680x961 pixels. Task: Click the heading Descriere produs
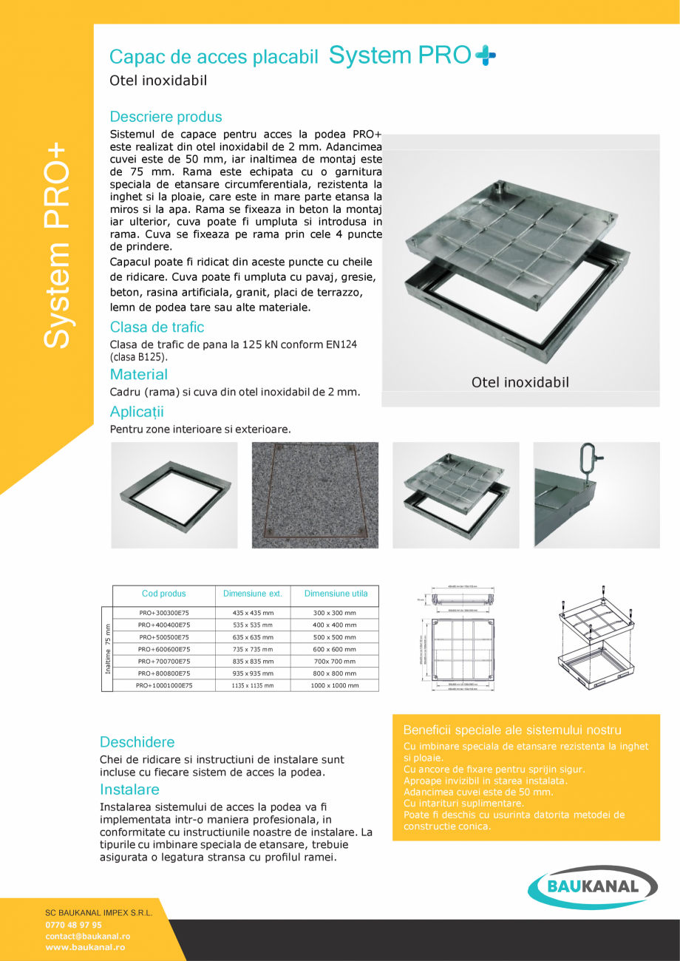tap(166, 117)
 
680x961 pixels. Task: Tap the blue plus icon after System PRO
tap(486, 55)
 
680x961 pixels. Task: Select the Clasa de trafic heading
tap(157, 327)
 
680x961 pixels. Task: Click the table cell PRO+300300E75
tap(163, 613)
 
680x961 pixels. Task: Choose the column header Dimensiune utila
tap(336, 594)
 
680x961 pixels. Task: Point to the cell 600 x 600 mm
tap(335, 649)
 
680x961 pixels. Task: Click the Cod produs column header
tap(163, 594)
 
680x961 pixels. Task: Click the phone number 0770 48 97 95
tap(74, 925)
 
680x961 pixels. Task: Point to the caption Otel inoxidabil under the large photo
tap(520, 382)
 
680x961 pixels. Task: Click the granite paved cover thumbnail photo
tap(315, 495)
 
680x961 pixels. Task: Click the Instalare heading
tap(129, 789)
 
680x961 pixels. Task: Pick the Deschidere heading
tap(137, 742)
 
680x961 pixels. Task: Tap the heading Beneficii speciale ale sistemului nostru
tap(512, 730)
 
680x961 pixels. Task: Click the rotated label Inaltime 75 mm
tap(107, 649)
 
